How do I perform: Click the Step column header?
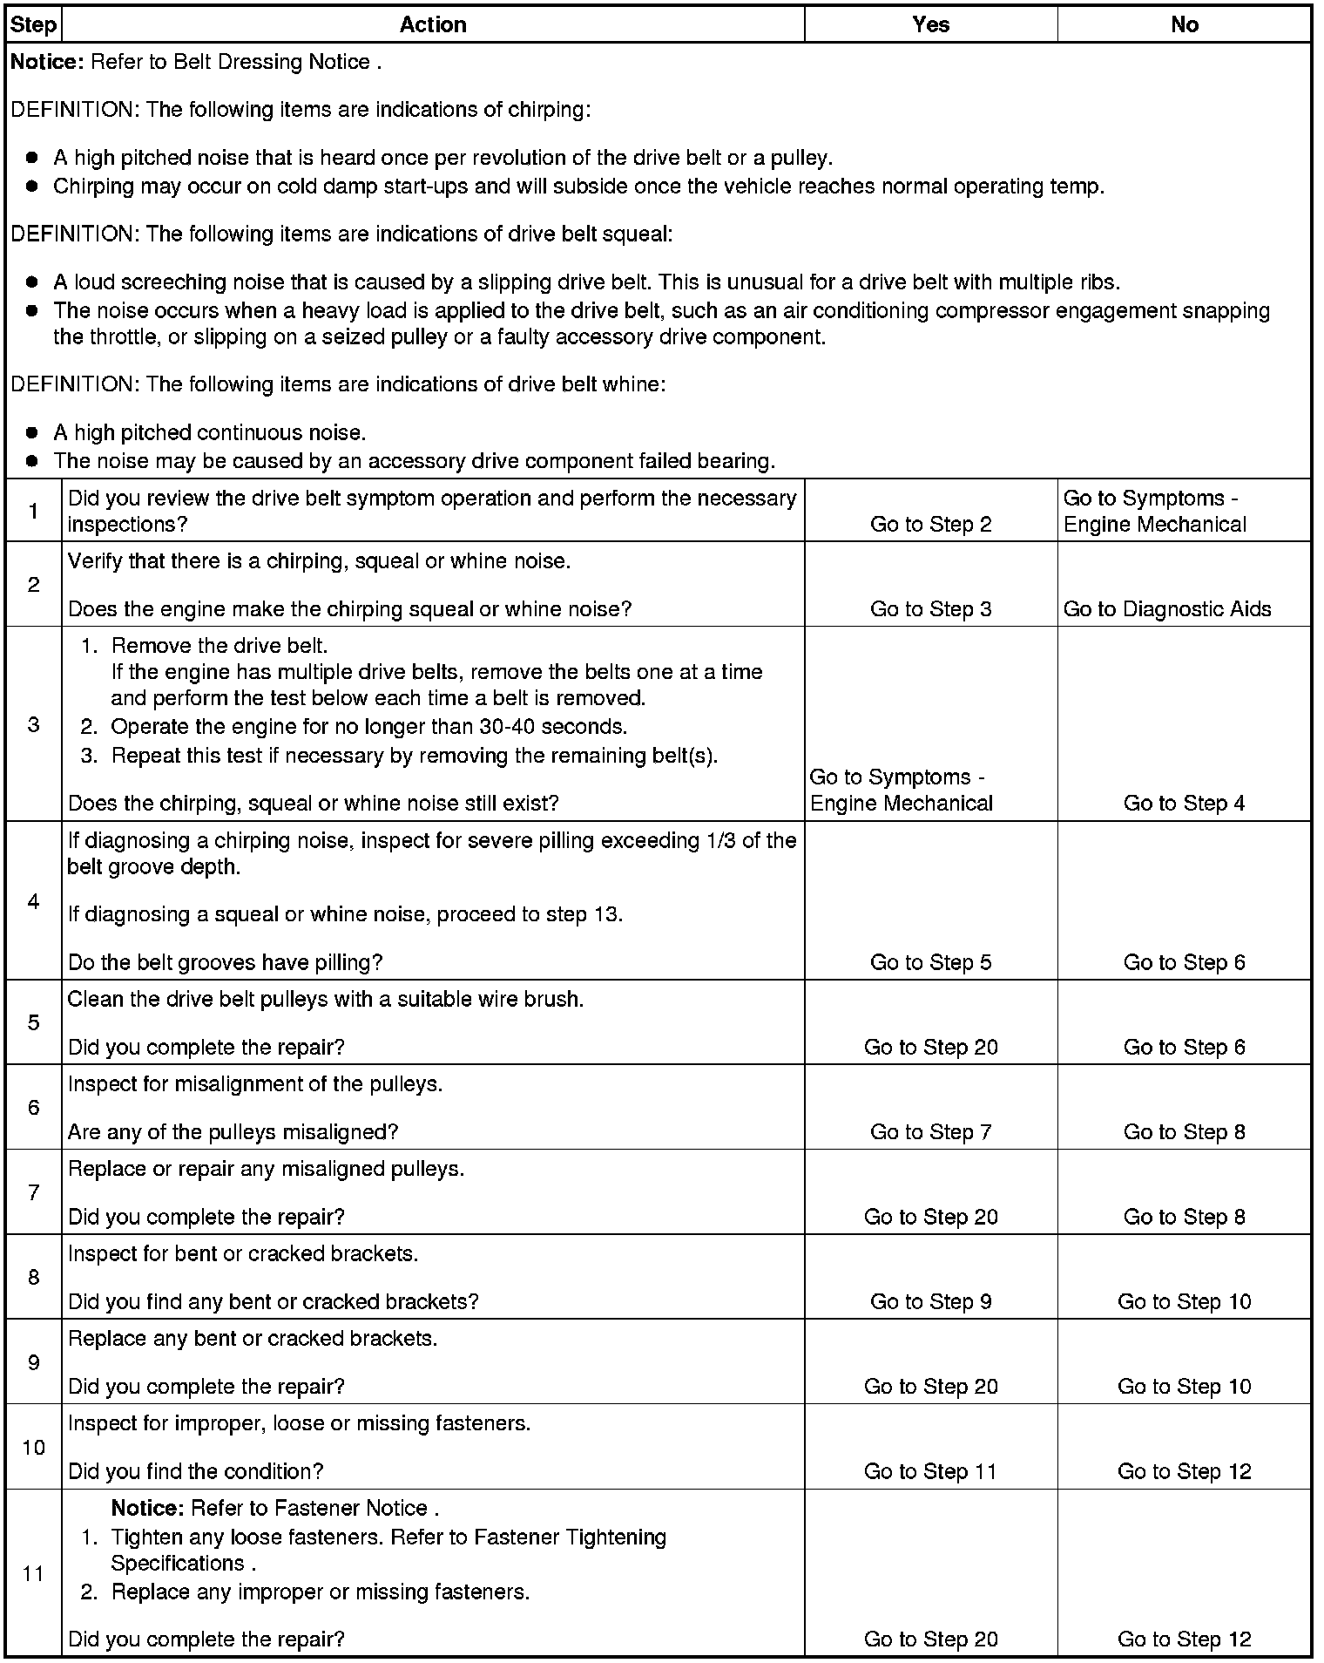33,24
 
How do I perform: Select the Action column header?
433,24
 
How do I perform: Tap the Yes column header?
930,24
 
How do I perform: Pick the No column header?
1184,24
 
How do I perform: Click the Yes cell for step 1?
930,524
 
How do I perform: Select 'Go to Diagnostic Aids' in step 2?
1167,609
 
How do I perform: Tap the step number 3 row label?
33,724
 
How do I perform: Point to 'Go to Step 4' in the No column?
1184,803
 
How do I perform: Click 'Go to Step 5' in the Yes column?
930,962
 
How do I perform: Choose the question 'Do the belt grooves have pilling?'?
225,962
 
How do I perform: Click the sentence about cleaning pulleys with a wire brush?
326,999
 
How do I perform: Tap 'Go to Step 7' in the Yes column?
930,1132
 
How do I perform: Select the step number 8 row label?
33,1278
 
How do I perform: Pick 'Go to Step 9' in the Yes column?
930,1301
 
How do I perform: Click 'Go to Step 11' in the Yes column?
930,1471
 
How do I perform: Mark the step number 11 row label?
33,1573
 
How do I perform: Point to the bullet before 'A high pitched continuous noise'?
32,432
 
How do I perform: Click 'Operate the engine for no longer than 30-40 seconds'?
368,726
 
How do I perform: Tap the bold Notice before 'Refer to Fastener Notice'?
147,1508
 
